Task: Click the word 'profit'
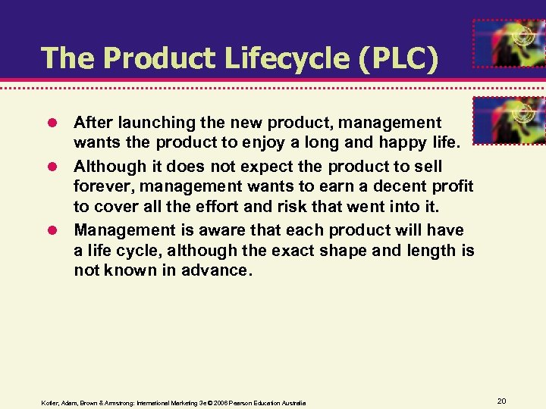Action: click(x=452, y=186)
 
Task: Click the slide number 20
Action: click(x=501, y=399)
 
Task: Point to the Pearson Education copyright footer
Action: click(x=174, y=402)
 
